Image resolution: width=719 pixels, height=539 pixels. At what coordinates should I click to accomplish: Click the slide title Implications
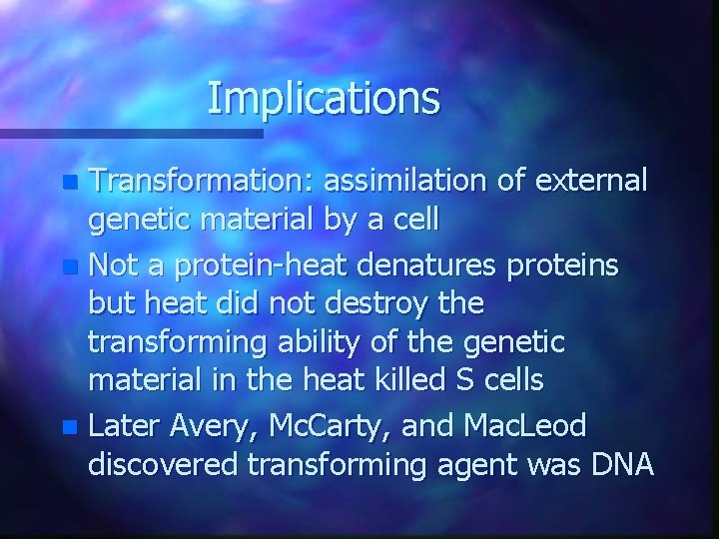coord(324,98)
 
